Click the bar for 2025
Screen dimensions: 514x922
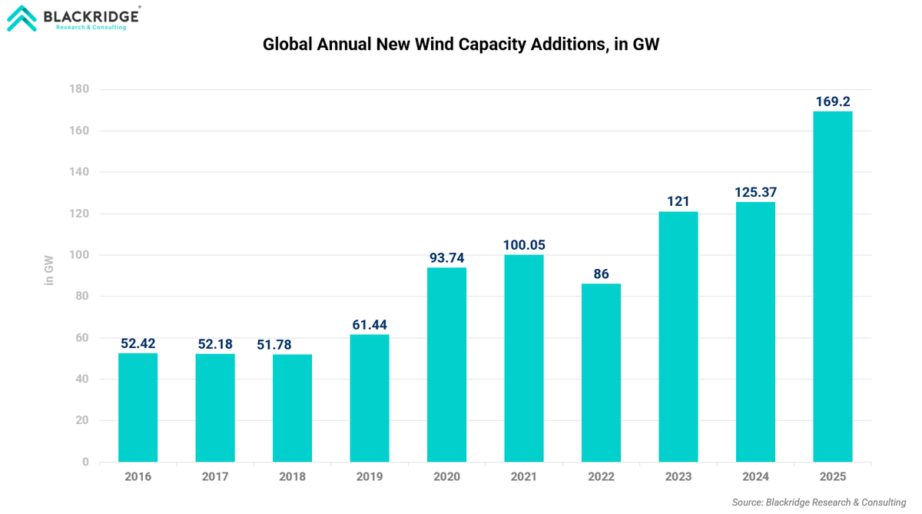[x=833, y=287]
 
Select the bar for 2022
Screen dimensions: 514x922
[x=601, y=373]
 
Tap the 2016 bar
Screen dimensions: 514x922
[x=138, y=407]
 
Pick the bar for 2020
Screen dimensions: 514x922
[x=446, y=364]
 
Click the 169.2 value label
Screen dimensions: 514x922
[x=833, y=101]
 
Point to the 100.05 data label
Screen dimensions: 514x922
[x=524, y=245]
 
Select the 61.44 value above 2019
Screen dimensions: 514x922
[x=370, y=325]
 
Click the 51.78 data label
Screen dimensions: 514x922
[x=274, y=345]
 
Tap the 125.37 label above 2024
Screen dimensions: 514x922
[x=755, y=192]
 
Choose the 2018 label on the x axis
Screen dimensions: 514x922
[x=292, y=477]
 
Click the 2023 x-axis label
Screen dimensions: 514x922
[x=678, y=477]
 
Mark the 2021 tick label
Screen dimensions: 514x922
[x=524, y=477]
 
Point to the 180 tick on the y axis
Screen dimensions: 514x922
[x=80, y=89]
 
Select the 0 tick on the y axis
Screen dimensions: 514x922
[x=86, y=462]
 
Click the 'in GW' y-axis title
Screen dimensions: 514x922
[x=49, y=270]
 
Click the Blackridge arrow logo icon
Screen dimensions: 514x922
[x=22, y=18]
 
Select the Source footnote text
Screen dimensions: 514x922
[x=819, y=502]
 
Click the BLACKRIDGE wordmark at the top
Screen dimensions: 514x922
[x=91, y=15]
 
